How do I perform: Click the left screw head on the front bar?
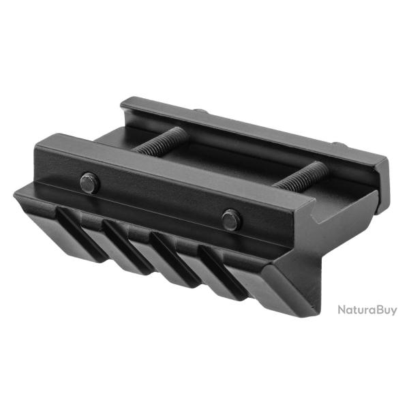(x=90, y=183)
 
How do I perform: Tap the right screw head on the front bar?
(x=231, y=219)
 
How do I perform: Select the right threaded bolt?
(x=300, y=176)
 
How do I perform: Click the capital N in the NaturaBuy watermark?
(x=343, y=310)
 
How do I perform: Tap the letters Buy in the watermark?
(x=385, y=311)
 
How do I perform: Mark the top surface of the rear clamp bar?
(x=252, y=130)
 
